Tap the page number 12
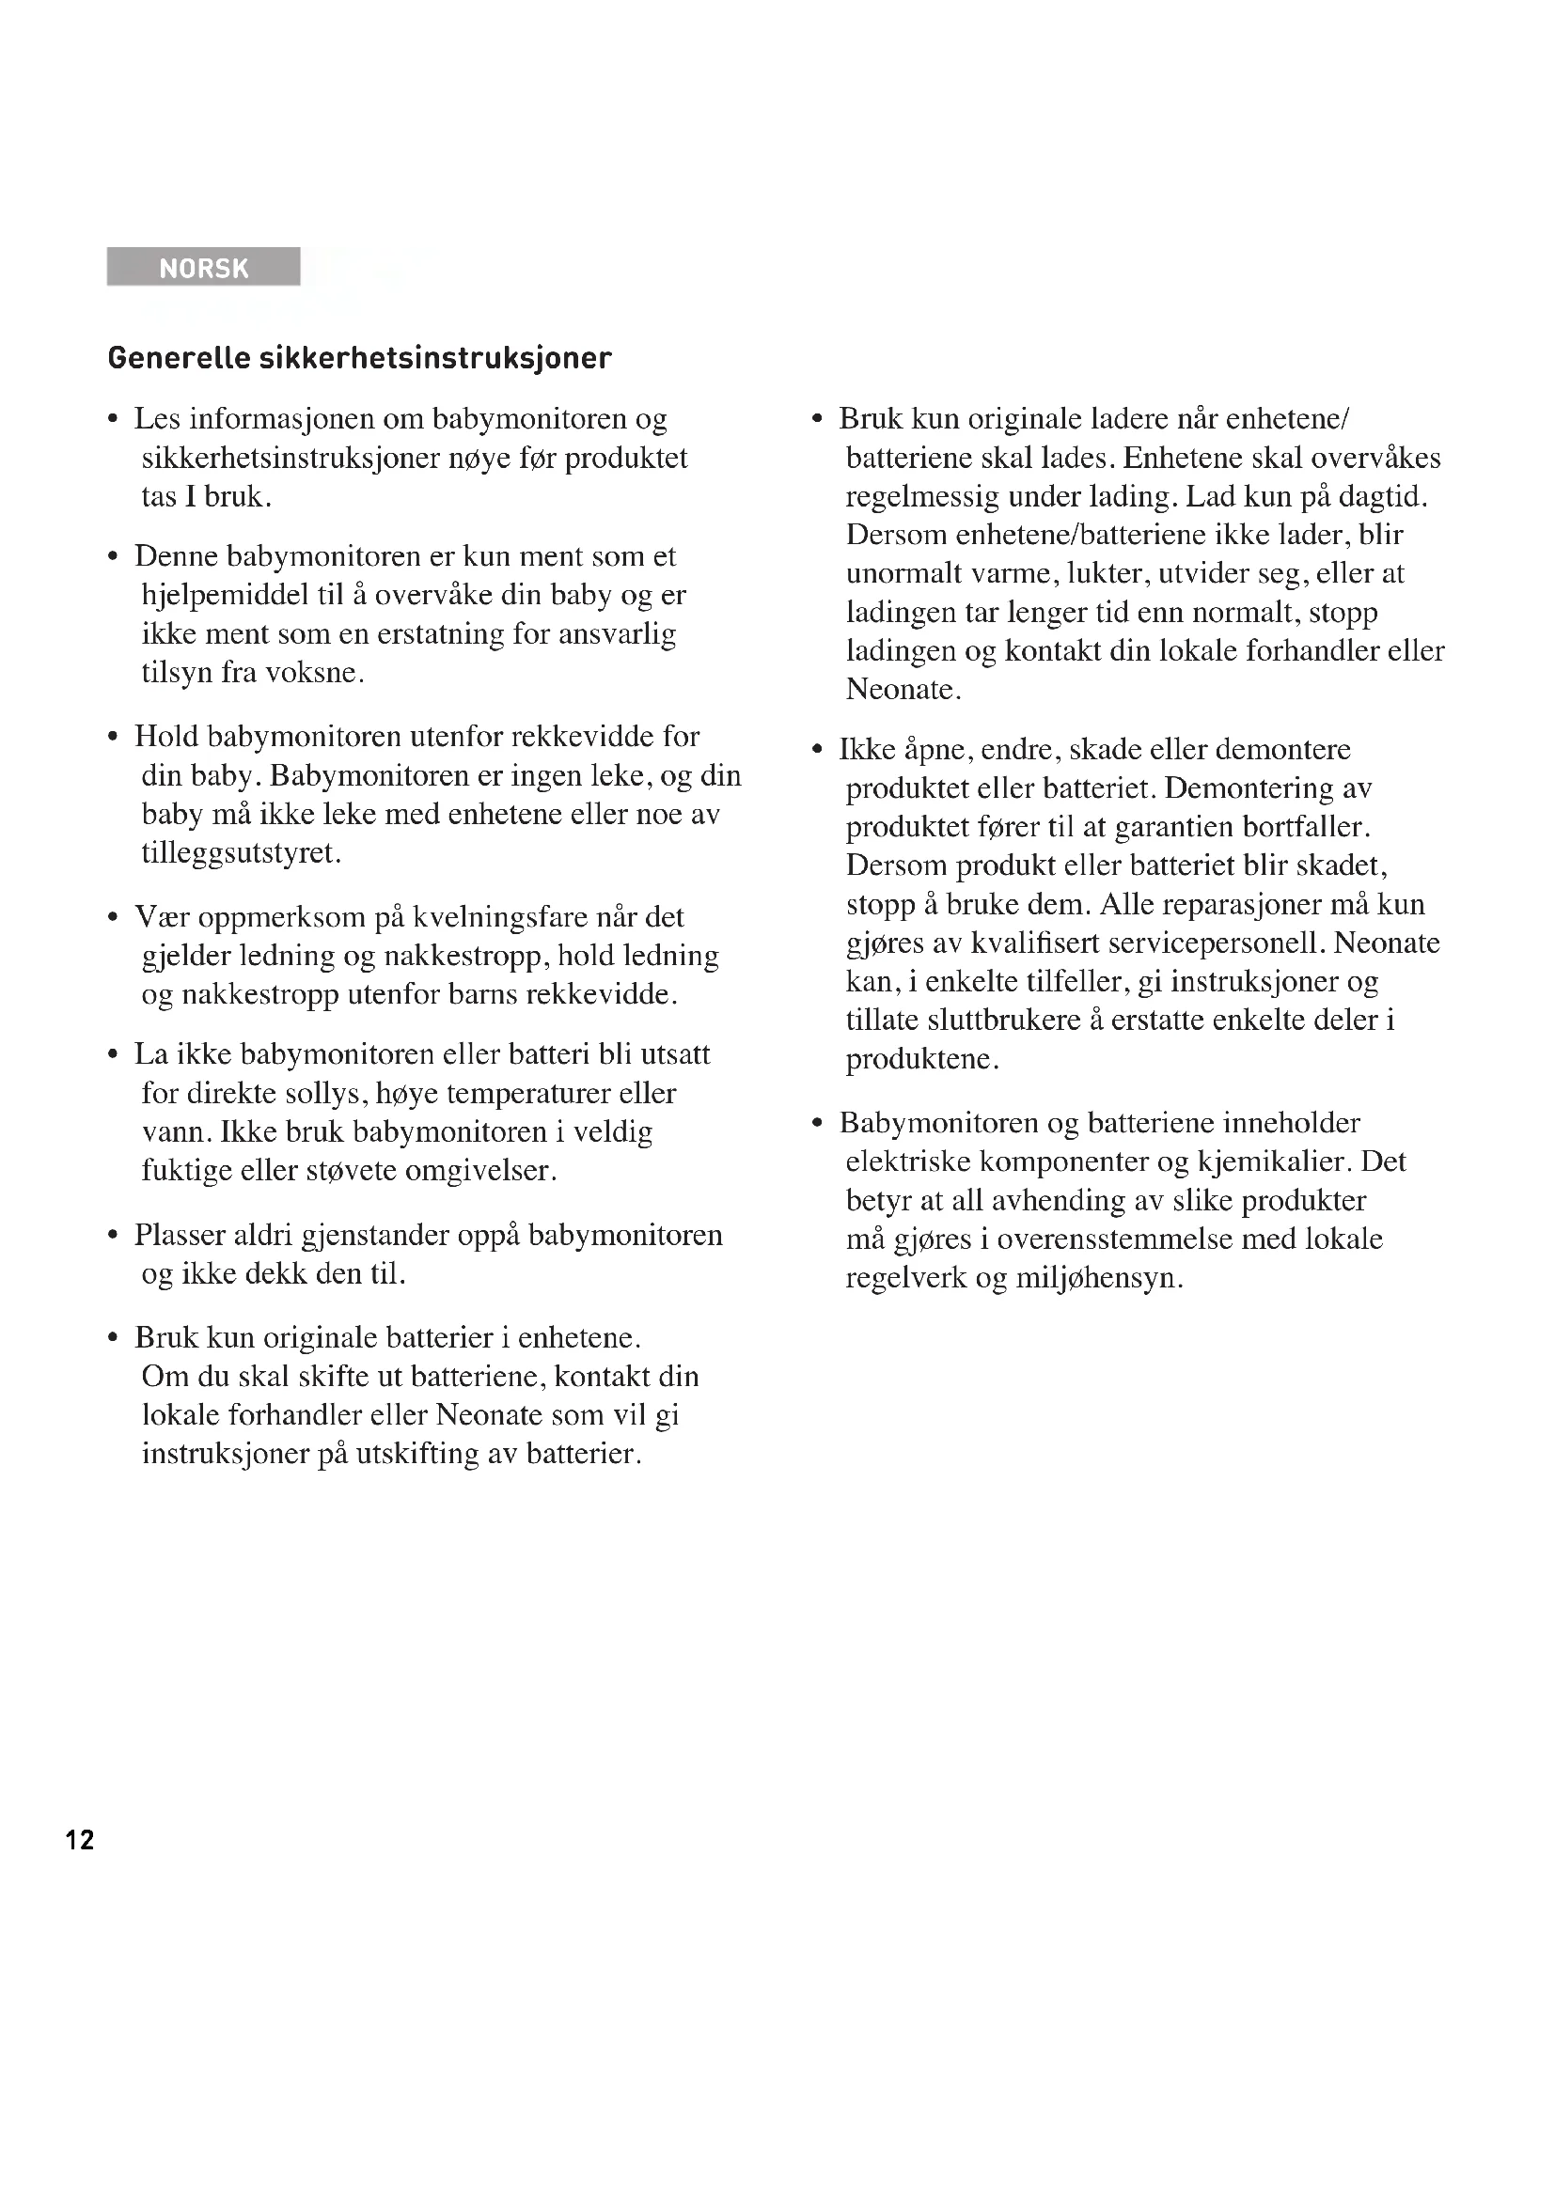(80, 1839)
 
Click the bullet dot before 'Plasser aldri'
(113, 1236)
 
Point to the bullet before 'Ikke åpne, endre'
(817, 751)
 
